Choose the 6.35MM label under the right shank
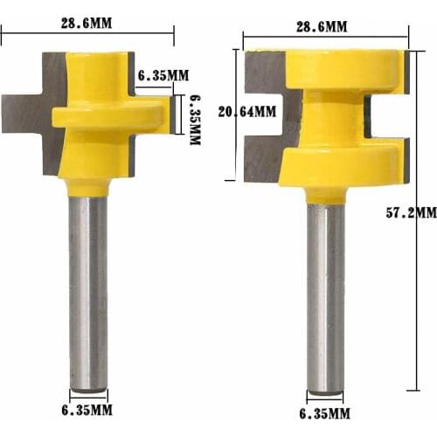[x=324, y=413]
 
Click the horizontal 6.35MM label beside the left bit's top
[x=163, y=75]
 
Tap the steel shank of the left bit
[x=88, y=288]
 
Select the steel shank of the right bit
[x=325, y=297]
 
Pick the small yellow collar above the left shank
[x=88, y=186]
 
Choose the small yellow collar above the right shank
[x=325, y=194]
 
